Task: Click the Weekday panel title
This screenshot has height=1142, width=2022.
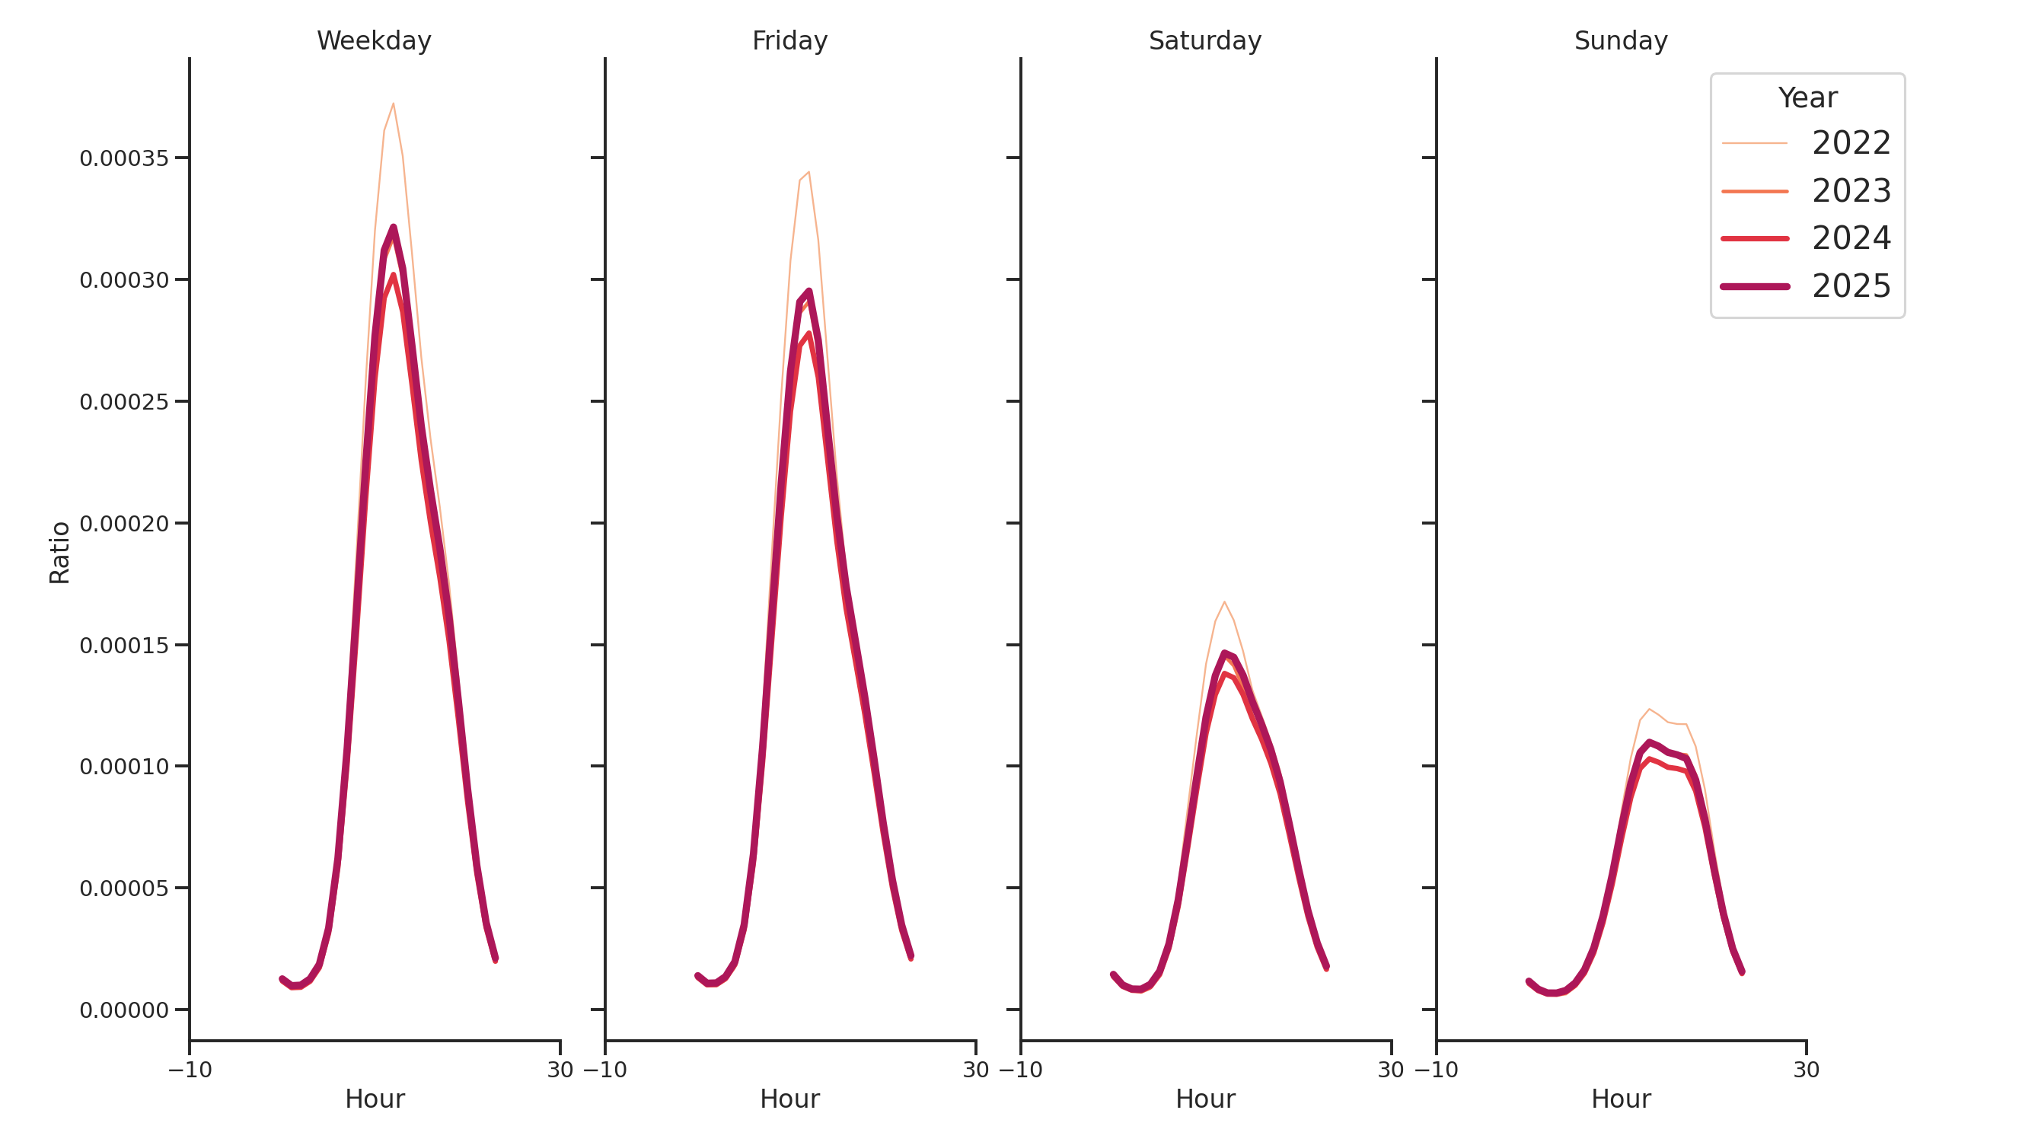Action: coord(374,41)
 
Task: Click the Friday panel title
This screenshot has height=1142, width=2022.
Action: coord(789,41)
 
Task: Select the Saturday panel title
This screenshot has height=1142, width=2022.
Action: coord(1204,41)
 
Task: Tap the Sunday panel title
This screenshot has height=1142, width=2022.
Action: coord(1620,41)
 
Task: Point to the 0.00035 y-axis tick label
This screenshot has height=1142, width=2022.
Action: coord(124,158)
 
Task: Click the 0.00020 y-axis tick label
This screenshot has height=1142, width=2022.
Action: coord(124,524)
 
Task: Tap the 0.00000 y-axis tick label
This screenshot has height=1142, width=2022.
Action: coord(124,1010)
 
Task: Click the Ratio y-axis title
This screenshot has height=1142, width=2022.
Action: coord(59,553)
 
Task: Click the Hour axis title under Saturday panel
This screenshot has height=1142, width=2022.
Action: coord(1205,1099)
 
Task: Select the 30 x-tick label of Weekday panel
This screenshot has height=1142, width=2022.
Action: coord(560,1070)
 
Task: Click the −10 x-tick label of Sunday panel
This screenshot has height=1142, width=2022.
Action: coord(1436,1070)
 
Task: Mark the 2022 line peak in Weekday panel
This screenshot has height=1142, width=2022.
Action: coord(394,104)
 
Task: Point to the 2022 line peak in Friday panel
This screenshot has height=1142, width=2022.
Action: coord(808,172)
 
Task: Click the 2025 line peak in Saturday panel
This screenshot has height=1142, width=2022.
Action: coord(1223,653)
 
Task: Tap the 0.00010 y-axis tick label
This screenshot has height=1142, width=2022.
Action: coord(124,767)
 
